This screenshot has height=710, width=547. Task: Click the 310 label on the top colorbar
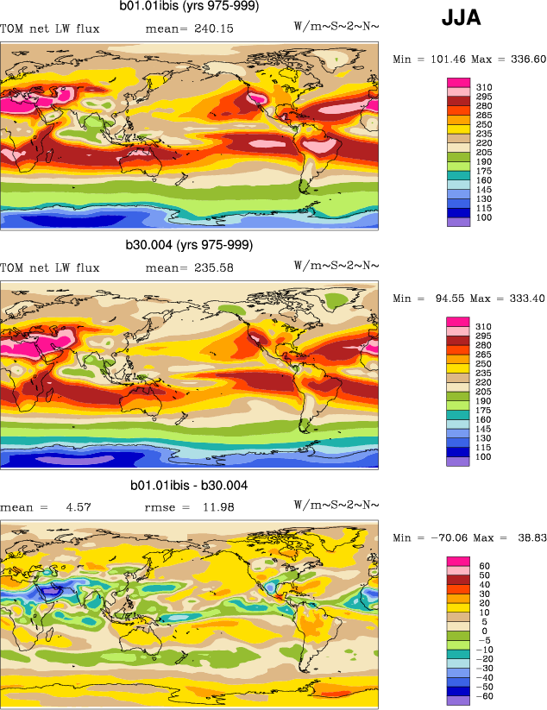(483, 87)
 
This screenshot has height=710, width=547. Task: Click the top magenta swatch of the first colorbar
(458, 82)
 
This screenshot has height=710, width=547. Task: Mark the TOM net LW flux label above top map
(50, 29)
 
